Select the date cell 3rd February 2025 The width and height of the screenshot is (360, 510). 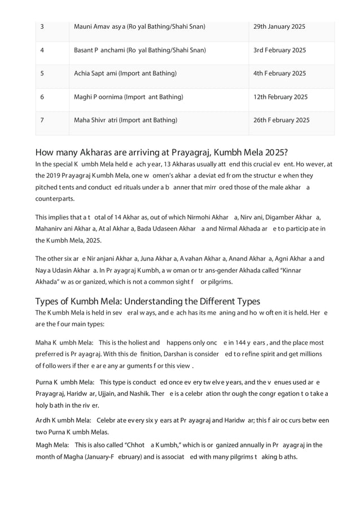tap(280, 50)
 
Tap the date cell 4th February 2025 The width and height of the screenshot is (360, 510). tap(280, 73)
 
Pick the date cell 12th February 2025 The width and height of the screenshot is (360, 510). tap(280, 97)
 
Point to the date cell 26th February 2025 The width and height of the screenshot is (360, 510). tap(282, 120)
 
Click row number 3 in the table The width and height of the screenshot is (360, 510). tap(42, 27)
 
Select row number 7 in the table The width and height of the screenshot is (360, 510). tap(42, 120)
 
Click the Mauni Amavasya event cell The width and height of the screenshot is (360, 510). tap(139, 27)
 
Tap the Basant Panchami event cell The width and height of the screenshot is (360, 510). tap(139, 50)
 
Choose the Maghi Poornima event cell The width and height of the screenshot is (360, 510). tap(129, 97)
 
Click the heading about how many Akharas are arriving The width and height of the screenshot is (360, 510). tap(161, 152)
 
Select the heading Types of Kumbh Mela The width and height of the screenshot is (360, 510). tap(147, 301)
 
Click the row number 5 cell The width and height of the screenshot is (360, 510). tap(42, 73)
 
